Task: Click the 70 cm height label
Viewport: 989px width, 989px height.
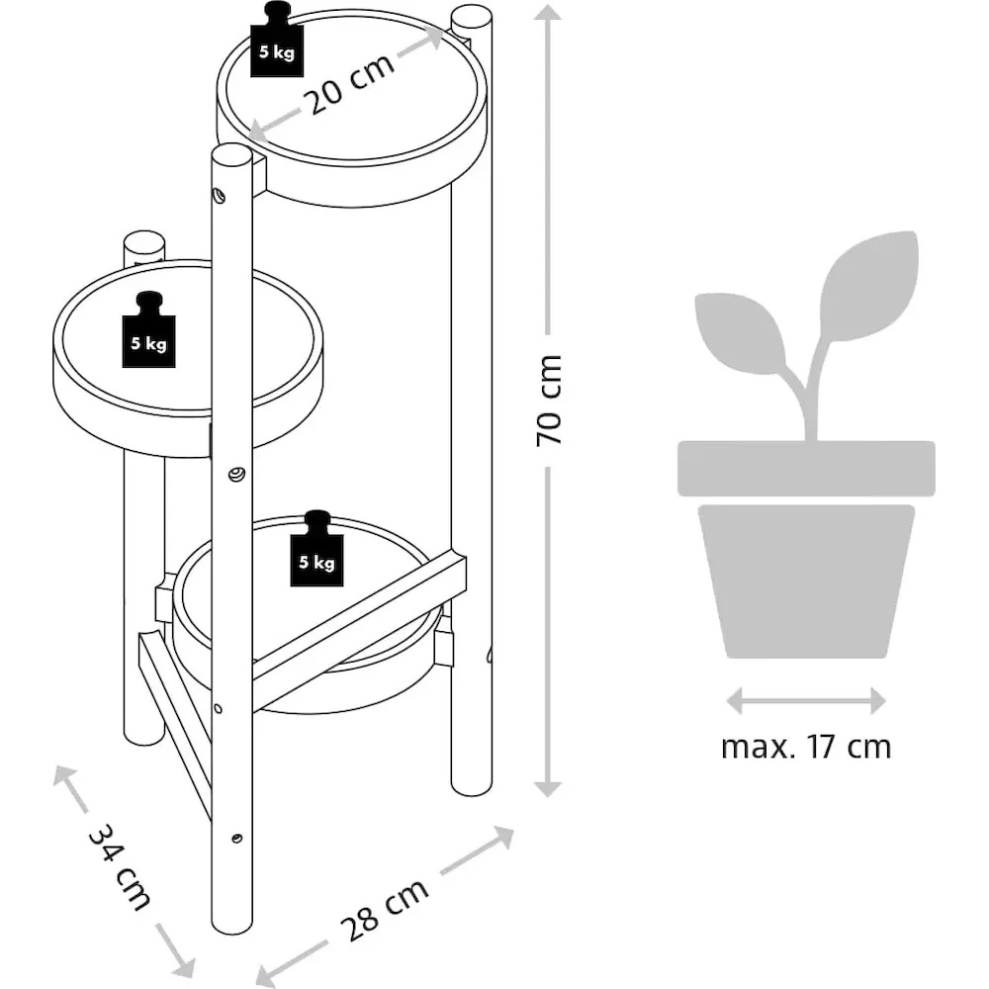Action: (x=550, y=399)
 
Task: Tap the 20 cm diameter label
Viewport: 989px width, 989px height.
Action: (x=348, y=82)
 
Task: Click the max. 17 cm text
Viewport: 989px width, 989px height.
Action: (x=806, y=747)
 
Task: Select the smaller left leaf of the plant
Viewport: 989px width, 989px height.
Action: (x=740, y=332)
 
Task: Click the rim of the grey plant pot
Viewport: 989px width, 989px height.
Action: (x=806, y=467)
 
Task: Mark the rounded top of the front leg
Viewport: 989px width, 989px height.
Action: (x=233, y=157)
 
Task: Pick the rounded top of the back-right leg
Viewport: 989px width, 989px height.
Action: (x=471, y=19)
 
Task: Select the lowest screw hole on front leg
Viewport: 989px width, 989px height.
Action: (x=236, y=839)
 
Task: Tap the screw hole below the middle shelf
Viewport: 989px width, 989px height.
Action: (x=236, y=475)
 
